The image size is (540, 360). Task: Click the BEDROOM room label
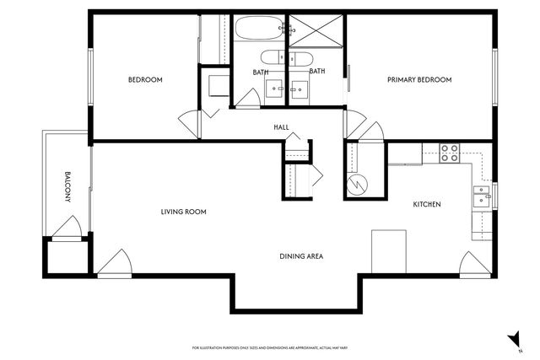tap(145, 80)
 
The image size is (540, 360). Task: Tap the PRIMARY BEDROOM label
tap(419, 80)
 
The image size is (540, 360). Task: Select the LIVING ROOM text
tap(184, 212)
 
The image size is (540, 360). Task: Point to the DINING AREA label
tap(302, 256)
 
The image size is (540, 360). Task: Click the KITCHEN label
tap(426, 205)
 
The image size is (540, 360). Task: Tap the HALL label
tap(281, 127)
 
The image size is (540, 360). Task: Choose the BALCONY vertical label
tap(67, 187)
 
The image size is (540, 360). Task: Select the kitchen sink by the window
tap(481, 196)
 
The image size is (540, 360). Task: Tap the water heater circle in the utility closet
tap(359, 182)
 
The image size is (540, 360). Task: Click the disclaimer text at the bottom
tap(270, 347)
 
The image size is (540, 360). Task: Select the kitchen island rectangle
tap(389, 250)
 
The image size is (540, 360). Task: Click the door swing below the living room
tap(114, 263)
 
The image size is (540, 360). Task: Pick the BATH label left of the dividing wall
tap(260, 72)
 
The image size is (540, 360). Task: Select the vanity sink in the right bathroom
tap(300, 88)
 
